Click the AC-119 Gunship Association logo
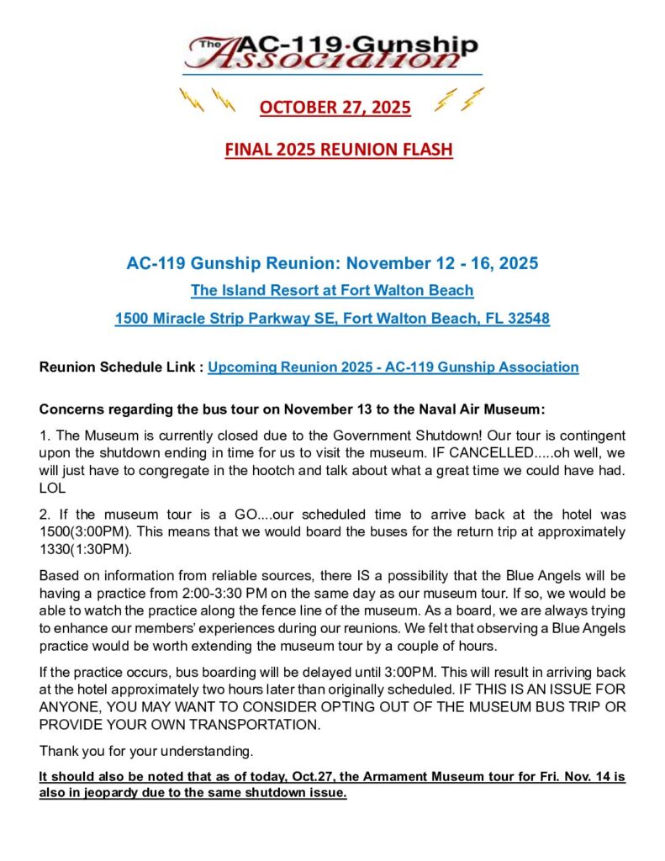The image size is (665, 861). pos(331,52)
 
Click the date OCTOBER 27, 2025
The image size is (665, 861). pos(335,108)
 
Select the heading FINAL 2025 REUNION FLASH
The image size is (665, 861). pos(338,150)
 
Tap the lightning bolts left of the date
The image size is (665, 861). pos(208,102)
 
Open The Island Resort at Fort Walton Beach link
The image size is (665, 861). pos(332,291)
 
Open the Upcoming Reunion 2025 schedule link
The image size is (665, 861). pos(393,367)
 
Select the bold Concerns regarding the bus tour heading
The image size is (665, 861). pos(293,409)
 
